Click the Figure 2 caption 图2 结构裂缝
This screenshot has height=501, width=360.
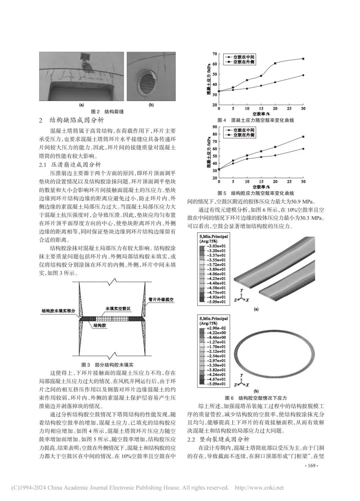pos(107,112)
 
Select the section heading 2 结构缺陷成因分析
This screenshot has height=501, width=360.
pos(72,121)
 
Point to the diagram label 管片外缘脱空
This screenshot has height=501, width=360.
pos(162,300)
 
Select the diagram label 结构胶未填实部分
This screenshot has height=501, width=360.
pos(58,310)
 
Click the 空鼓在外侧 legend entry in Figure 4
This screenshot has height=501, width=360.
pos(243,62)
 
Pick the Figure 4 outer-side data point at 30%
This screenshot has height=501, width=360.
pos(303,59)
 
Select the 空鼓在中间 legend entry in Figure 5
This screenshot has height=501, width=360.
pos(243,130)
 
